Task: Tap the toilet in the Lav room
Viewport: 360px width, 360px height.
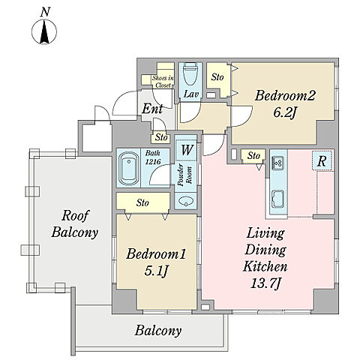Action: (190, 74)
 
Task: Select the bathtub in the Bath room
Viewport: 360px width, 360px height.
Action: (129, 168)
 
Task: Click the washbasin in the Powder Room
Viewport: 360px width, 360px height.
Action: (186, 201)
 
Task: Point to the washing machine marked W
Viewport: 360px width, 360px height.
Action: (187, 150)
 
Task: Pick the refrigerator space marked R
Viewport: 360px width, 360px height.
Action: (322, 161)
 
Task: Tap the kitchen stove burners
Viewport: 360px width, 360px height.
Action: (278, 162)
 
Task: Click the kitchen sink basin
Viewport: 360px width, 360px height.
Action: (278, 199)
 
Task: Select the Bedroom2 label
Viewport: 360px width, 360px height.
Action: (285, 95)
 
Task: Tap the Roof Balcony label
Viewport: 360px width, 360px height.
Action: (74, 223)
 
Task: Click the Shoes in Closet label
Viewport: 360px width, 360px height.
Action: (163, 82)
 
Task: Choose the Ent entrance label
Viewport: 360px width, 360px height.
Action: (152, 109)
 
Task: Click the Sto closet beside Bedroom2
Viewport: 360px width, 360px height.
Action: (217, 76)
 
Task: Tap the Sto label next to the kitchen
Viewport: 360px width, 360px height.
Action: (253, 156)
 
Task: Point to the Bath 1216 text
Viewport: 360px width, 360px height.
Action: (153, 157)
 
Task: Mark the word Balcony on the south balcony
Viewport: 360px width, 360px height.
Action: (158, 331)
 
